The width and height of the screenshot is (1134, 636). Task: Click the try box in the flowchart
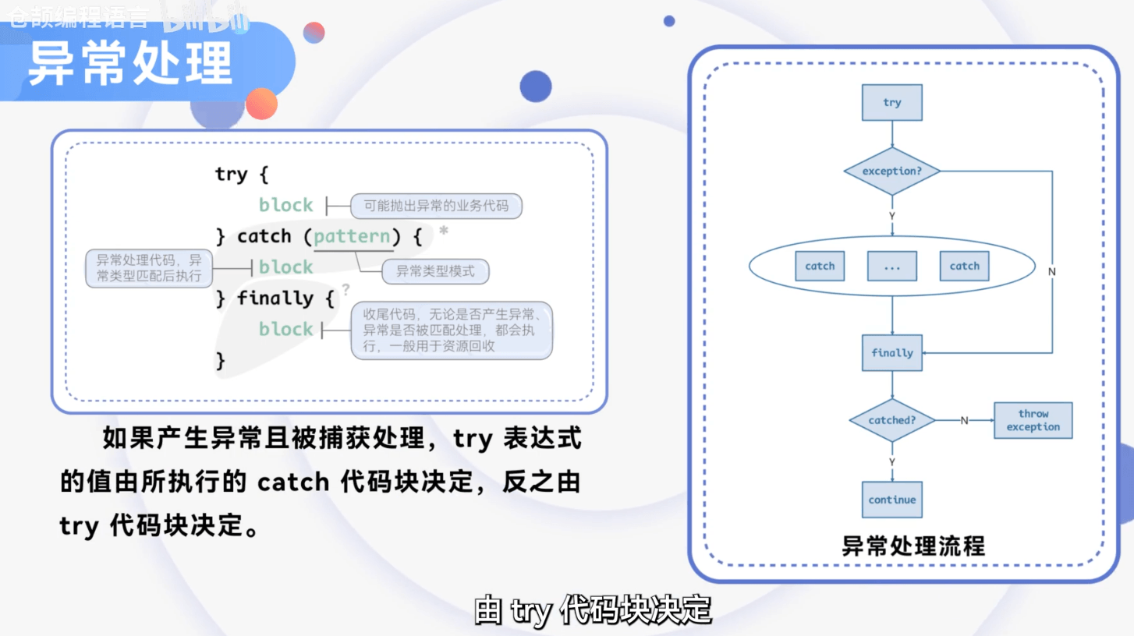click(891, 103)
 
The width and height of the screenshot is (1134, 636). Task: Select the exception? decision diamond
click(891, 171)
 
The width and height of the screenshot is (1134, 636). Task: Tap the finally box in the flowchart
click(891, 353)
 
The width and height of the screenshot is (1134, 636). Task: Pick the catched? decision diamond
click(891, 420)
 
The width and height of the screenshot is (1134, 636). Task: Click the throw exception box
click(1033, 420)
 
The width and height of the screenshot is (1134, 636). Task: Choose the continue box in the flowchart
click(891, 500)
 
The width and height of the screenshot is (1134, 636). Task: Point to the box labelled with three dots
click(891, 267)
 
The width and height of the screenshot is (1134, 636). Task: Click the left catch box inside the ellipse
click(820, 267)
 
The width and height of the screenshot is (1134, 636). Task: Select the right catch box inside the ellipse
click(964, 267)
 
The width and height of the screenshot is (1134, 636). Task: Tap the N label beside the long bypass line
click(1051, 272)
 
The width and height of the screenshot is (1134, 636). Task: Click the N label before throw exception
click(964, 421)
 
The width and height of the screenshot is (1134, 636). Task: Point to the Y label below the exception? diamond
click(891, 216)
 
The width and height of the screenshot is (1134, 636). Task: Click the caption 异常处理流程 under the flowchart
click(913, 546)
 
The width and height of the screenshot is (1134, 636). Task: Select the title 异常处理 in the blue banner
click(130, 64)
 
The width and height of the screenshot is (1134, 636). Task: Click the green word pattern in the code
click(353, 236)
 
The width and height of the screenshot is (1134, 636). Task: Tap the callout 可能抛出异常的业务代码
click(436, 206)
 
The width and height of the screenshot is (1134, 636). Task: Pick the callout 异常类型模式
click(434, 271)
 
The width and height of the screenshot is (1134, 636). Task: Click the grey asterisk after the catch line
click(444, 231)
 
